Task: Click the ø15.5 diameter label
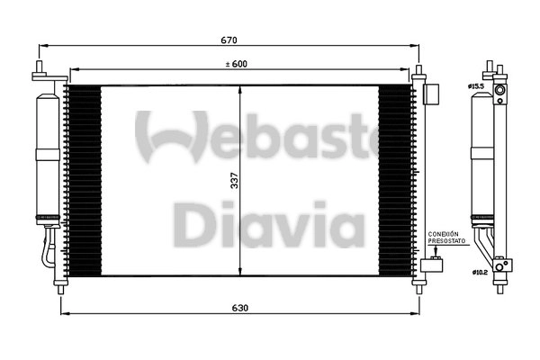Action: tap(476, 86)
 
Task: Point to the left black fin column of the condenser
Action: tap(83, 180)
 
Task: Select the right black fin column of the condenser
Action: tap(395, 180)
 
